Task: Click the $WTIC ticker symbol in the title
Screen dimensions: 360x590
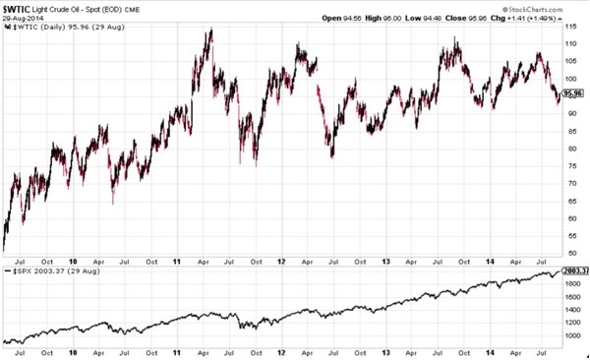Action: [18, 7]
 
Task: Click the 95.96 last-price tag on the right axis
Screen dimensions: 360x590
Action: [574, 93]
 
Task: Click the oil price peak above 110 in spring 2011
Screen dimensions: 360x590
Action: [209, 30]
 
